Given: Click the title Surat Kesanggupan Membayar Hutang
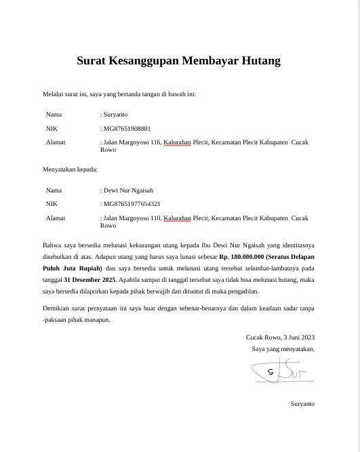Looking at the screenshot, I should [x=178, y=61].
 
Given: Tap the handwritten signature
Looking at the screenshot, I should [x=279, y=372].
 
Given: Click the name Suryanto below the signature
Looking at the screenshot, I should [x=302, y=404].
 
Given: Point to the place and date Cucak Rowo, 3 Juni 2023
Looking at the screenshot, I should [x=280, y=337].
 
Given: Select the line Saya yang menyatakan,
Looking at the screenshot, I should [x=283, y=349].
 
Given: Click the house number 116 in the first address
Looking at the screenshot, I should [x=153, y=142].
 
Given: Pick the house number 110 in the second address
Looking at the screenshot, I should [x=153, y=218].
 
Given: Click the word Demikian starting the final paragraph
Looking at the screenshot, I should [x=56, y=309].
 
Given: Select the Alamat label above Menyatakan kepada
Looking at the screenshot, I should [x=56, y=142].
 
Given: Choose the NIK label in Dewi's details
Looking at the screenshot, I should [x=52, y=203].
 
